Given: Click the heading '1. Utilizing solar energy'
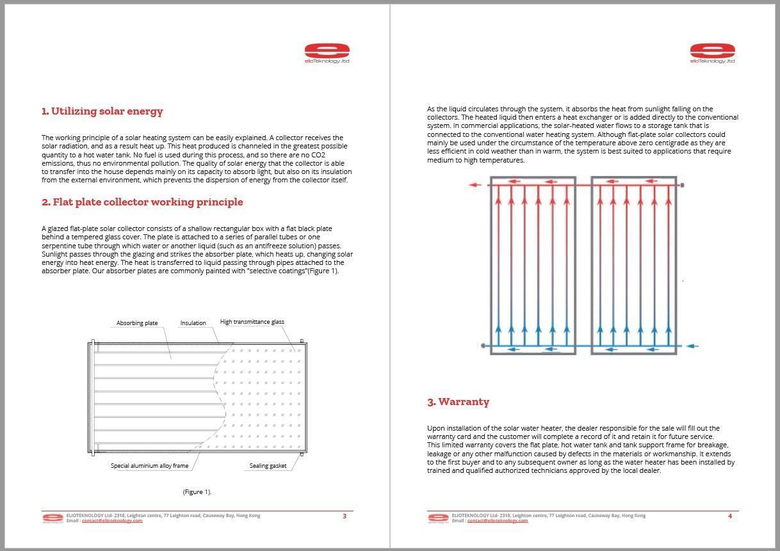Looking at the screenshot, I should [x=102, y=111].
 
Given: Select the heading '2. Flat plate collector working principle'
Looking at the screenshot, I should [x=142, y=202].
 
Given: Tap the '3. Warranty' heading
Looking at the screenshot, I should [x=458, y=402].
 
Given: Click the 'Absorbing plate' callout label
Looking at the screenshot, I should [x=137, y=323].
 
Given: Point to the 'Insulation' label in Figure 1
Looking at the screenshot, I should [x=193, y=323].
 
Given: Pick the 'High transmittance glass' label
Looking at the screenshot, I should [x=252, y=322].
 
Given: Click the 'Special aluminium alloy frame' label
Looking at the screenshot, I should [x=149, y=466].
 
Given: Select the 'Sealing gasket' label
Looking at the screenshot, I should [x=268, y=466].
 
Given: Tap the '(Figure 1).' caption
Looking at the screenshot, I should [x=197, y=492].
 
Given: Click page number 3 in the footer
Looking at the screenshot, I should [x=345, y=516].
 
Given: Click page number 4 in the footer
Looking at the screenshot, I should [x=730, y=516].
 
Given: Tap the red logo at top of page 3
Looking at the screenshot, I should [x=327, y=52].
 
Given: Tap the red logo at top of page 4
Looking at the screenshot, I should [x=712, y=52].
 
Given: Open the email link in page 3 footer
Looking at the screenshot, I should [x=112, y=521].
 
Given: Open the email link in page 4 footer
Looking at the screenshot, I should [x=498, y=521].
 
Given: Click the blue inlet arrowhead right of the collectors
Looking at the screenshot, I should [x=691, y=346].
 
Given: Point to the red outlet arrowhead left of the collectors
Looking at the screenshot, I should [x=473, y=185].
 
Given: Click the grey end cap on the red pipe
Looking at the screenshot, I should [x=682, y=185].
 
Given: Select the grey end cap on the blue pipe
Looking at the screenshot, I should [x=483, y=346].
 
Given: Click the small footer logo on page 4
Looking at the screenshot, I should [x=438, y=518].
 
